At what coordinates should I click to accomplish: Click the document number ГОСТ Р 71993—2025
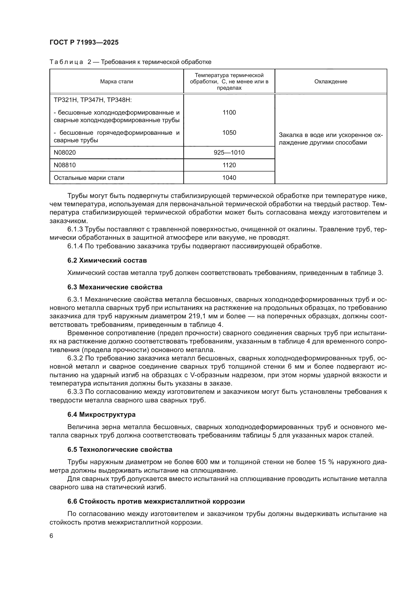point(84,42)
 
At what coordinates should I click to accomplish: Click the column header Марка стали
point(116,82)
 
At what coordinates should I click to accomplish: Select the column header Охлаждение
point(331,82)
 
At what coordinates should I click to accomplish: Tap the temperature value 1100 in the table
point(229,112)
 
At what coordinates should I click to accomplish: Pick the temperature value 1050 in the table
point(229,133)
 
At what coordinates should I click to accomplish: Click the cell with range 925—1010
point(229,153)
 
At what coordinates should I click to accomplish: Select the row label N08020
point(65,153)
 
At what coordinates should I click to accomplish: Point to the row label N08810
point(65,165)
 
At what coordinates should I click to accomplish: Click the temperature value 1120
point(229,165)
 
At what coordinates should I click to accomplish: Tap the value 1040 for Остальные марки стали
point(229,178)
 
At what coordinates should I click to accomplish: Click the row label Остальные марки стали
point(89,178)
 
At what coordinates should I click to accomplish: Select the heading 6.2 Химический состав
point(107,260)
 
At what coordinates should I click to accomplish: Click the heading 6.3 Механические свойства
point(115,287)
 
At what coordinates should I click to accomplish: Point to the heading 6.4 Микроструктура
point(101,414)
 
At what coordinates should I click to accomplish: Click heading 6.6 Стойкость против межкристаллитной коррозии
point(156,501)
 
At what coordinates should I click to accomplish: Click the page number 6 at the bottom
point(51,536)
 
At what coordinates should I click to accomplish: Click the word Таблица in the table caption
point(66,62)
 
